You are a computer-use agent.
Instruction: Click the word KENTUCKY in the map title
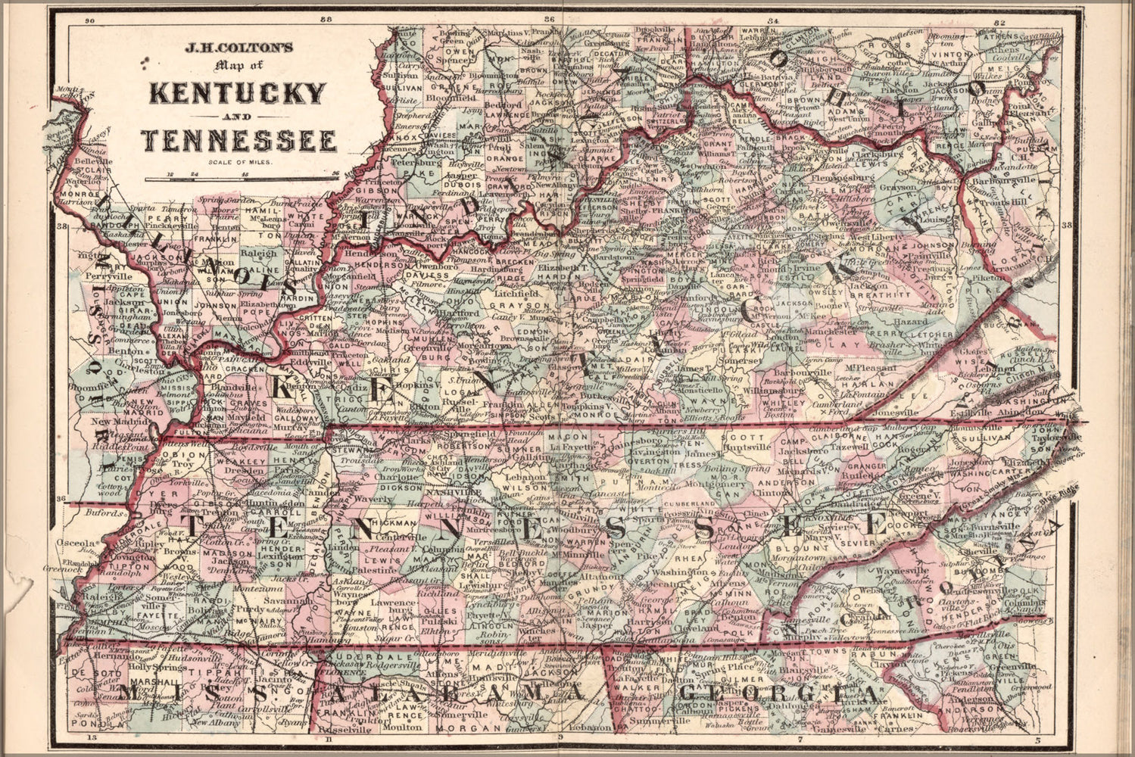[x=238, y=94]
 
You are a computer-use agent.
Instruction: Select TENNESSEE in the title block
[x=239, y=141]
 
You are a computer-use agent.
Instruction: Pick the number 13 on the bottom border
[x=92, y=737]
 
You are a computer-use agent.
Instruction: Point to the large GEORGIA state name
[x=780, y=693]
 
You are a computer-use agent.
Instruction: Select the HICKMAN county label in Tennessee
[x=393, y=523]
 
